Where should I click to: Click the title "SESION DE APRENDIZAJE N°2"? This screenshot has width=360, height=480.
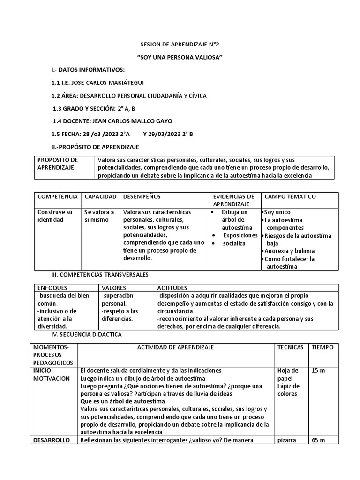tap(180, 45)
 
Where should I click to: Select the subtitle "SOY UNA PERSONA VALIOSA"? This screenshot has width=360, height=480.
tap(180, 57)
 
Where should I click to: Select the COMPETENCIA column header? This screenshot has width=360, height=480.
tap(57, 196)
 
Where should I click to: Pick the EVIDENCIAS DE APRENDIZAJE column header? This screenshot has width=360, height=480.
tap(234, 200)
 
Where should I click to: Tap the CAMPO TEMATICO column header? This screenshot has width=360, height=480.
tap(290, 196)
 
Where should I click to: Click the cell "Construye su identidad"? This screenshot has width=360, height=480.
tap(55, 216)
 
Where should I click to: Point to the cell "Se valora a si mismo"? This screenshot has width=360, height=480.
tap(99, 216)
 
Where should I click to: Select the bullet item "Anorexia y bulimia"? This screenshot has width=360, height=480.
tap(289, 251)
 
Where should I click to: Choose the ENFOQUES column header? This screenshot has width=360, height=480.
tap(52, 287)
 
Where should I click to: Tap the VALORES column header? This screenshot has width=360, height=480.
tap(113, 287)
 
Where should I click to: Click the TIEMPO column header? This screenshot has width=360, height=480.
tap(322, 347)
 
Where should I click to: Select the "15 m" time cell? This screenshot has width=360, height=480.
tap(318, 371)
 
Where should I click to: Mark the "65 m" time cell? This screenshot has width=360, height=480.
tap(318, 440)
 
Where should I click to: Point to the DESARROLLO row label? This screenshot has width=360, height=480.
tap(52, 440)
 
